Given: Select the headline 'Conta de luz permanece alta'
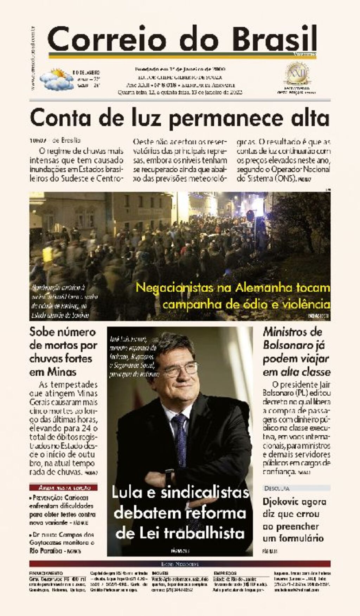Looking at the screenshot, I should tap(180, 118).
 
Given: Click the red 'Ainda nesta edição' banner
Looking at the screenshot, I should tap(64, 487).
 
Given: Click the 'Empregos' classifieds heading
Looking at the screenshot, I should tap(225, 573).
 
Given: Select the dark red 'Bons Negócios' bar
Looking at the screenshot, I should tap(180, 564).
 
